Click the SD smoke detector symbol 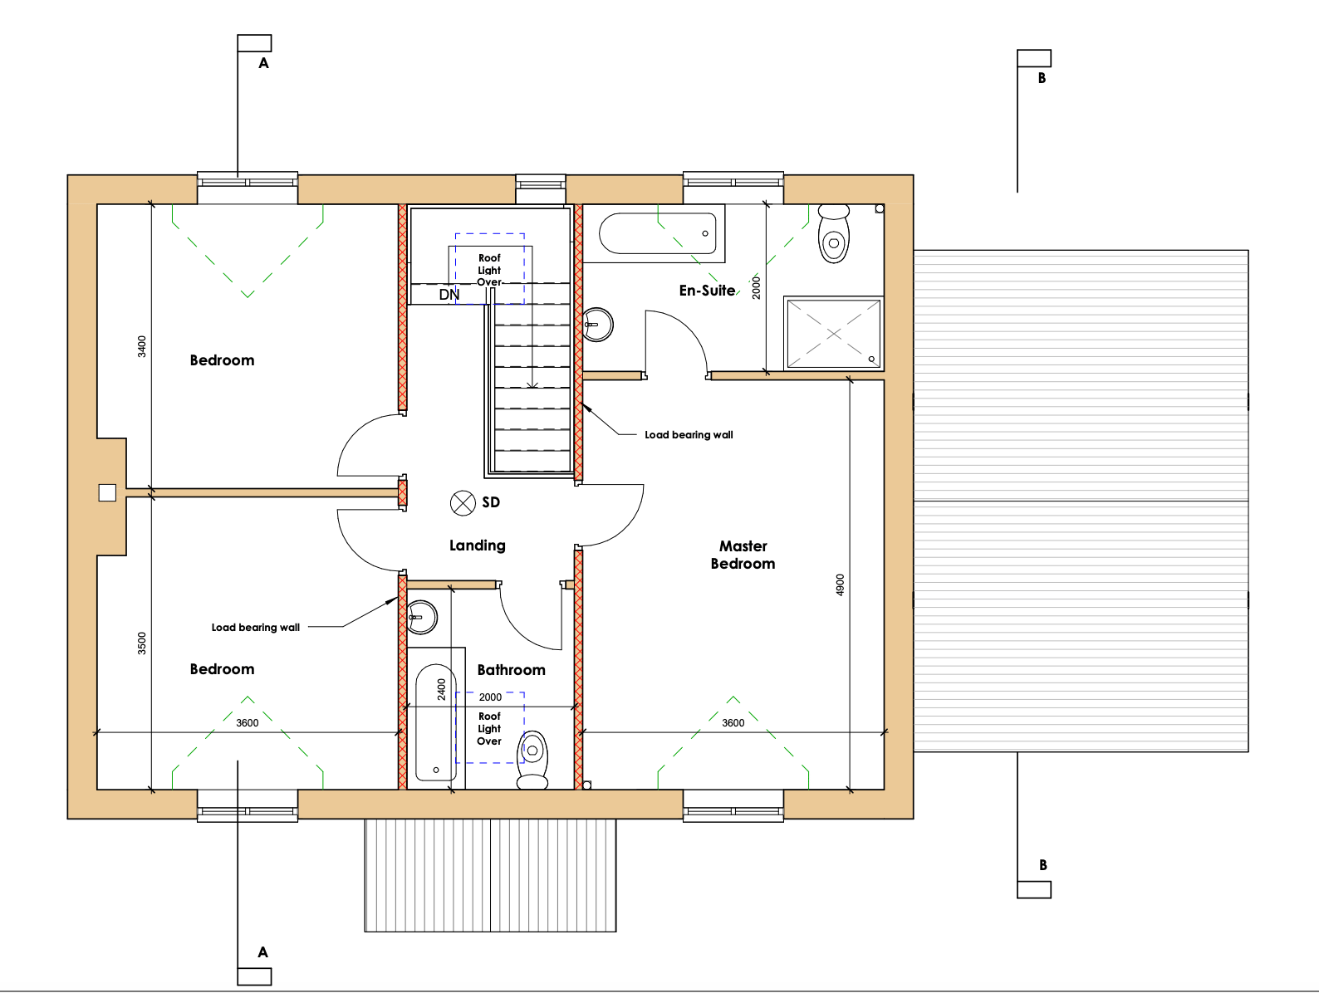[x=463, y=503]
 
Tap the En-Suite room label [x=708, y=291]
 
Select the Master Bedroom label [x=743, y=555]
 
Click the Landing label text [x=477, y=545]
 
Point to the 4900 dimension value [x=840, y=585]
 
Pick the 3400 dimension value [x=142, y=346]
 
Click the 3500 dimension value [x=142, y=643]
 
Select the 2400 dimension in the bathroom [x=442, y=689]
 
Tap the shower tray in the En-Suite [x=833, y=334]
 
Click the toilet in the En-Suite [x=834, y=233]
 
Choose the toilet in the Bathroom [x=532, y=760]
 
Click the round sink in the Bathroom [x=422, y=617]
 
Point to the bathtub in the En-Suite [x=657, y=233]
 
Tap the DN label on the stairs [x=449, y=295]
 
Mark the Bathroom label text [x=512, y=670]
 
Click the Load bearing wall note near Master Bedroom [x=689, y=435]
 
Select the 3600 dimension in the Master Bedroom [x=733, y=722]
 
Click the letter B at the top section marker [x=1042, y=78]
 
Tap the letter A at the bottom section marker [x=262, y=952]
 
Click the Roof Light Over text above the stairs [x=489, y=270]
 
